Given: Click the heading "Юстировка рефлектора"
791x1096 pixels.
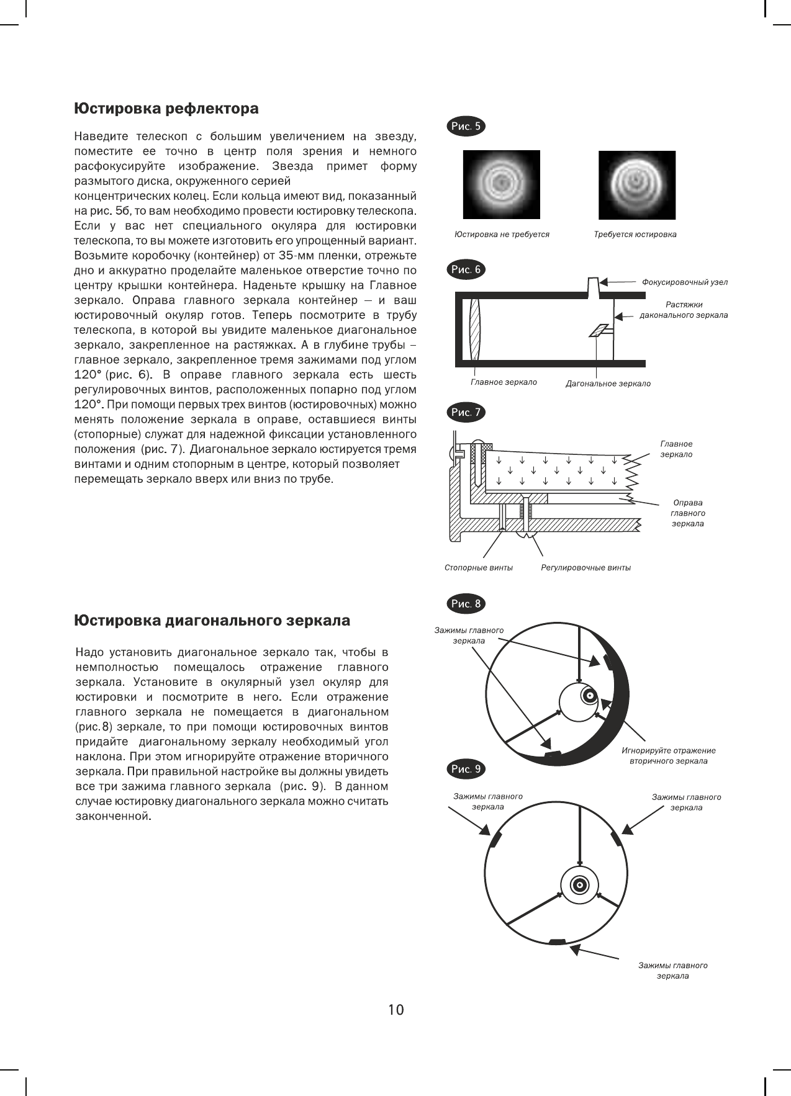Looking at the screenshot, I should pyautogui.click(x=166, y=109).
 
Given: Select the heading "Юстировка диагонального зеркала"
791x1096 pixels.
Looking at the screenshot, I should pyautogui.click(x=212, y=621).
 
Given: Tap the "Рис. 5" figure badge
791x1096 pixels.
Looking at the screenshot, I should pyautogui.click(x=466, y=127).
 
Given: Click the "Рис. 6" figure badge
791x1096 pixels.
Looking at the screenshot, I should pyautogui.click(x=466, y=269).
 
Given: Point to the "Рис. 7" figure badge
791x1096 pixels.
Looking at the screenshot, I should pyautogui.click(x=466, y=412).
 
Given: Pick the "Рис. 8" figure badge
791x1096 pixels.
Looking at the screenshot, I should pyautogui.click(x=466, y=603).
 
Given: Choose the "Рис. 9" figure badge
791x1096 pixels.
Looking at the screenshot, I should pyautogui.click(x=466, y=769).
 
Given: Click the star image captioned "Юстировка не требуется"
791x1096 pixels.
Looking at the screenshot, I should pyautogui.click(x=501, y=184).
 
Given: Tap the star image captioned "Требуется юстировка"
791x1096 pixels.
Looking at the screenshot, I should pyautogui.click(x=636, y=184).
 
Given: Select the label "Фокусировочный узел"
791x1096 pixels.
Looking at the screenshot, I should pyautogui.click(x=684, y=282).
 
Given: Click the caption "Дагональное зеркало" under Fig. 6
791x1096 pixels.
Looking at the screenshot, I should pyautogui.click(x=608, y=384).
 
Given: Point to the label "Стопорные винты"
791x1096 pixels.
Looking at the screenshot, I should pyautogui.click(x=479, y=567).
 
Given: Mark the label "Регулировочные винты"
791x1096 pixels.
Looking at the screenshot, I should pyautogui.click(x=585, y=567).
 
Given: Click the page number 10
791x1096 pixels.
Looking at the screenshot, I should pyautogui.click(x=395, y=1010).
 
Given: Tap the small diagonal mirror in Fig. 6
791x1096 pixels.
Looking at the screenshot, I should pyautogui.click(x=599, y=330).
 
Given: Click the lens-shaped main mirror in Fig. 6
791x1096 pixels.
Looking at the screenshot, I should pyautogui.click(x=476, y=329).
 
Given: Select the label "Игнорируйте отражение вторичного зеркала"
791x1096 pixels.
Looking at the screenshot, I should pyautogui.click(x=668, y=756).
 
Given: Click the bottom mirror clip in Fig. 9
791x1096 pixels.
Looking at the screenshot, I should pyautogui.click(x=558, y=942).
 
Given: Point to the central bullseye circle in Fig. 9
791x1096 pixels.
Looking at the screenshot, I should pyautogui.click(x=579, y=884).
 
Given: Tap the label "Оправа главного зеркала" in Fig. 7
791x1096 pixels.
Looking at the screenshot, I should pyautogui.click(x=688, y=513).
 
